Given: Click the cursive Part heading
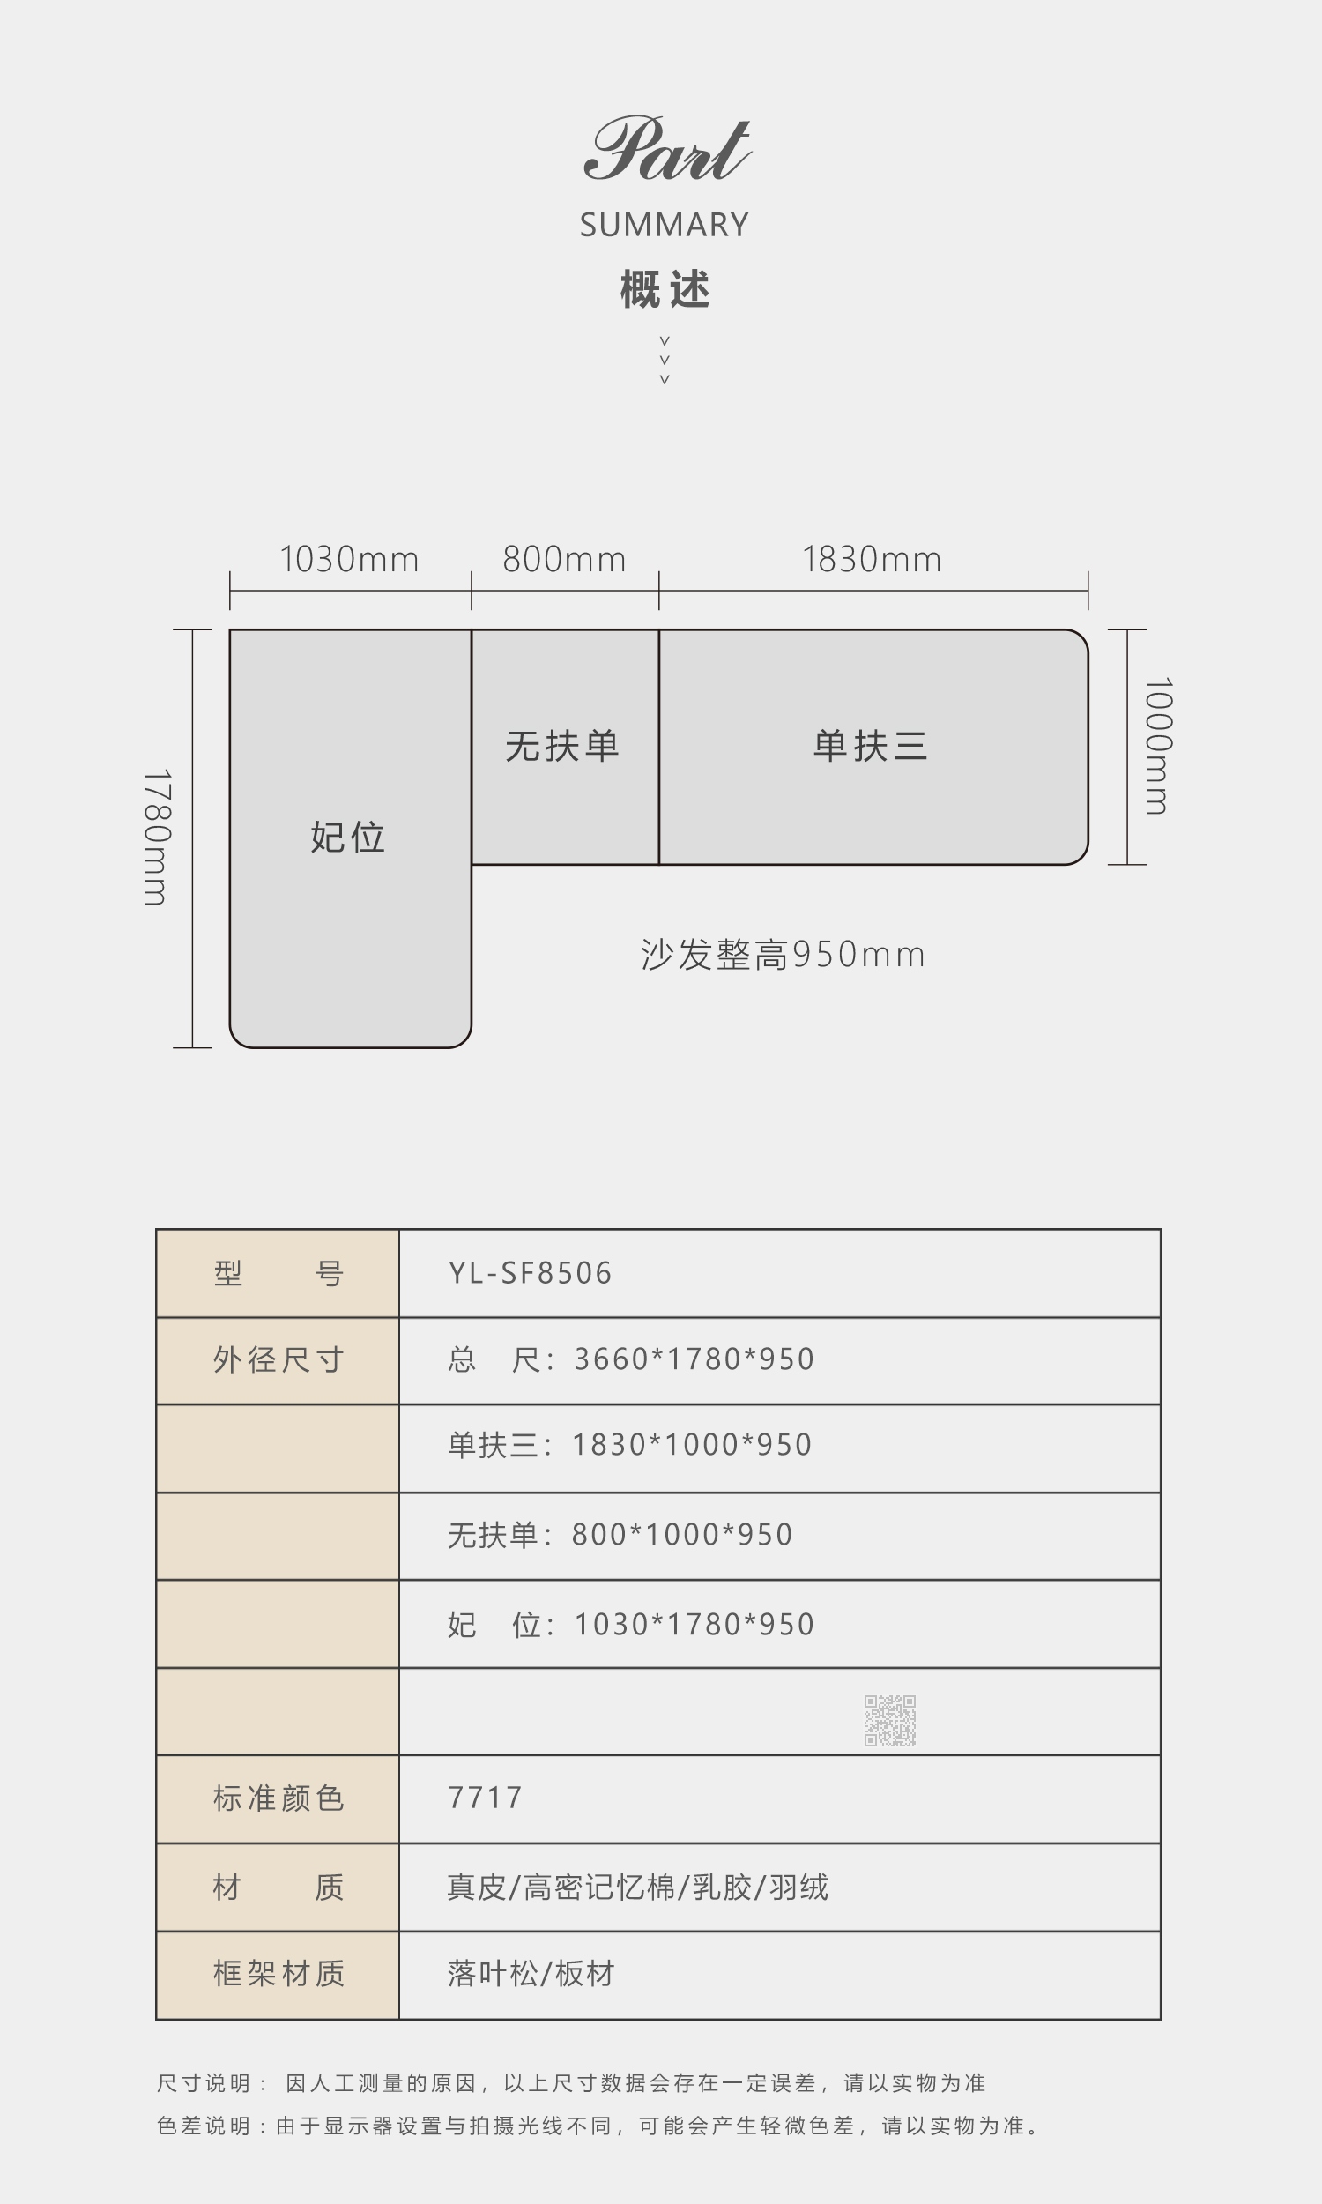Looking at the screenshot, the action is [x=667, y=149].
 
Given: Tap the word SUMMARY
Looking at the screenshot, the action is [x=664, y=226].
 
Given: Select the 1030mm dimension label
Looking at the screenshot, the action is [x=349, y=560].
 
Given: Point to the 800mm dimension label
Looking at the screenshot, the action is [x=564, y=560].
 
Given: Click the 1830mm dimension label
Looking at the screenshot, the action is [x=872, y=560].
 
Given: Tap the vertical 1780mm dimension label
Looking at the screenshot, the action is [x=157, y=838].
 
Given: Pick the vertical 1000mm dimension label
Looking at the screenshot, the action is [x=1158, y=746].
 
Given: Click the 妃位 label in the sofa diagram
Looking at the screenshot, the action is [x=347, y=838].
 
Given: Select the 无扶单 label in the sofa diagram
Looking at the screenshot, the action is [x=562, y=746].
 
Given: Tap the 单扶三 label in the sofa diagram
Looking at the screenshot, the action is [x=871, y=746].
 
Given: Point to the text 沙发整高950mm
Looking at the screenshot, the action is [x=783, y=954].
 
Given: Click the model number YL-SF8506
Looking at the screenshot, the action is [x=530, y=1273].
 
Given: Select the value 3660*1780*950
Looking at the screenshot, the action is [x=694, y=1359].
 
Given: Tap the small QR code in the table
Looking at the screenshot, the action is [x=890, y=1720].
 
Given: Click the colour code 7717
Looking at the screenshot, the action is [x=485, y=1798].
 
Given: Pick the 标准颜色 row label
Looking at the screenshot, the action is [x=279, y=1798].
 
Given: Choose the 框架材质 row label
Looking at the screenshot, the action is [x=279, y=1973].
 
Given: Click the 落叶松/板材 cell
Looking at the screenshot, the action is [x=531, y=1973].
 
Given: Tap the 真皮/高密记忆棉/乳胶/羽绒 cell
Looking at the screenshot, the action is [x=638, y=1887].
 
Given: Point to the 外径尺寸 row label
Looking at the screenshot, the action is [x=279, y=1359].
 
